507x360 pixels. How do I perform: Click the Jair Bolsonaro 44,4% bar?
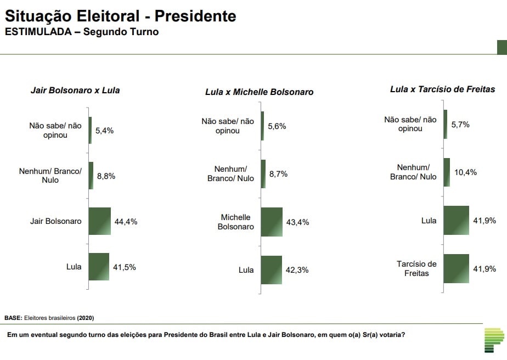tap(100, 221)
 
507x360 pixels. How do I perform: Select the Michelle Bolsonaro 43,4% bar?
tap(272, 222)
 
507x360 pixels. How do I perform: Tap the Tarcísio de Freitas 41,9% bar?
tap(456, 269)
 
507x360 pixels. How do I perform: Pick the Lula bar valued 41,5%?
tap(99, 267)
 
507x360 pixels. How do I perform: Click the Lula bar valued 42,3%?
tap(271, 270)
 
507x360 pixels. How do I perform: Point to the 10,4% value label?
tap(466, 172)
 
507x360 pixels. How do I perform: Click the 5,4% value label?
tap(104, 131)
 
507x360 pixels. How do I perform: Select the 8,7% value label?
tap(278, 174)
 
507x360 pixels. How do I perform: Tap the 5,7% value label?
tap(460, 125)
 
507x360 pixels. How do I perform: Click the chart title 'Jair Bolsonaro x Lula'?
tap(75, 90)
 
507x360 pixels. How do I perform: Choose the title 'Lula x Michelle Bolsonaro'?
tap(260, 92)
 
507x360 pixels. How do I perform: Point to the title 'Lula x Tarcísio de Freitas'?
tap(443, 89)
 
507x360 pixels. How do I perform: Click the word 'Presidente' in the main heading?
tap(195, 16)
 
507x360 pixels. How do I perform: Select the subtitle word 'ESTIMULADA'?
tap(38, 32)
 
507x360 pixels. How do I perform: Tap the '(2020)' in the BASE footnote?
tap(86, 318)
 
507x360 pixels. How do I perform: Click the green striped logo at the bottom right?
tap(494, 340)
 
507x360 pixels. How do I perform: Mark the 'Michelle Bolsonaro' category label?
tap(236, 222)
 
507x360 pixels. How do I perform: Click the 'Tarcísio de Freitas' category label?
tap(417, 268)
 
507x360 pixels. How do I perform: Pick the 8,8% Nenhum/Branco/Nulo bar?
tap(91, 176)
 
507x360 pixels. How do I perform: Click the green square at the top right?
tap(502, 48)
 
